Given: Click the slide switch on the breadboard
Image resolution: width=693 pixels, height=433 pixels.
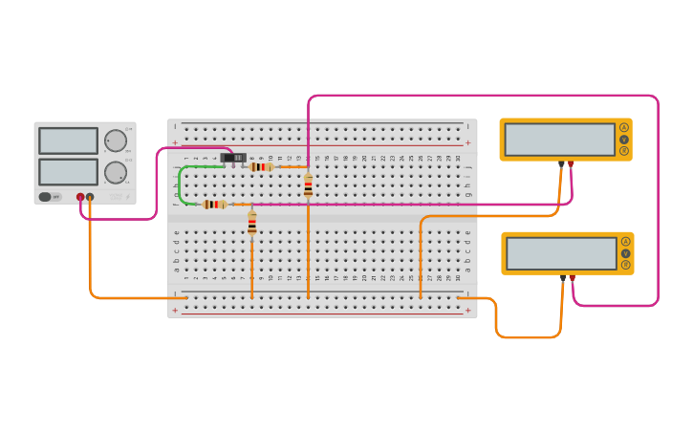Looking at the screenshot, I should tap(233, 158).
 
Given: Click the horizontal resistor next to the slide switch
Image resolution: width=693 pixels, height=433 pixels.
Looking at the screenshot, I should tap(261, 166).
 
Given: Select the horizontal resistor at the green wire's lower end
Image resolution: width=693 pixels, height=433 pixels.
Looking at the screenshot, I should tap(214, 204).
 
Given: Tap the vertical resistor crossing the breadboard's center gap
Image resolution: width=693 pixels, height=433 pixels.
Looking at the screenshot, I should tap(252, 224).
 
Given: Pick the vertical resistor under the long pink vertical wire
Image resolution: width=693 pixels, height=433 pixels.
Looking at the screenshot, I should tap(308, 185).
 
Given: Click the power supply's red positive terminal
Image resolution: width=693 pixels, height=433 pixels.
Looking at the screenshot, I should tap(80, 197).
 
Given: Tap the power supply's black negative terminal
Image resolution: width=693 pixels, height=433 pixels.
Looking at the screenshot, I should tap(90, 197).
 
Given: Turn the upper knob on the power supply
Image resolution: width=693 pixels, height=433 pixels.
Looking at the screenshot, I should tap(116, 141).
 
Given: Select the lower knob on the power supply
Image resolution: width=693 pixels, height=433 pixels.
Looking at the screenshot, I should tap(116, 173).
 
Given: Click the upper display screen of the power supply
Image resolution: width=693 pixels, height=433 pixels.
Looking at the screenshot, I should tap(68, 141).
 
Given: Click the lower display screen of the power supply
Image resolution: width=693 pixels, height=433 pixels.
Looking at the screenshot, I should tap(68, 172).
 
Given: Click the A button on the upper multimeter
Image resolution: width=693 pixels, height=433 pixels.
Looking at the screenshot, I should tap(624, 127).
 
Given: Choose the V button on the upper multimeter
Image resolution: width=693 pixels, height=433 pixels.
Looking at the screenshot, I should tap(624, 140).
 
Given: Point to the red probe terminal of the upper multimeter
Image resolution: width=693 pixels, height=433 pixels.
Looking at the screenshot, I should tap(571, 163).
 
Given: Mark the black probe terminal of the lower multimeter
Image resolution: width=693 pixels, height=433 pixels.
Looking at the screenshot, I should tap(563, 278).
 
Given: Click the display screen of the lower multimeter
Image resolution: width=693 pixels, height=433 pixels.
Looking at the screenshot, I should tap(561, 253).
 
